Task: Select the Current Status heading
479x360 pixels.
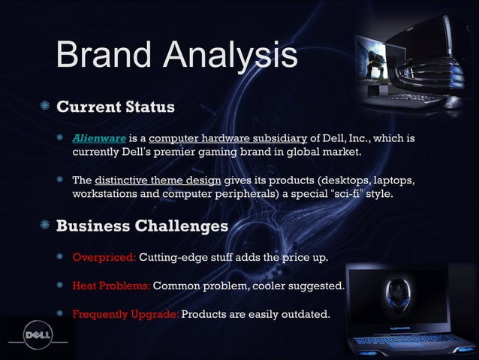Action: tap(116, 106)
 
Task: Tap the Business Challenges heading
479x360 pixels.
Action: tap(143, 226)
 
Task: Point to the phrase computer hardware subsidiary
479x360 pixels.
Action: tap(228, 138)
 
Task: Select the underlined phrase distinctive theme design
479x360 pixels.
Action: tap(158, 181)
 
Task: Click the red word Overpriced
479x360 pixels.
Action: tap(104, 259)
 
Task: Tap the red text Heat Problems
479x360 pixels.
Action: tap(111, 286)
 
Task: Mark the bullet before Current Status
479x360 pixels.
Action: tap(47, 107)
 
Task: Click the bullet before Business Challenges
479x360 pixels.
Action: tap(47, 226)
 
